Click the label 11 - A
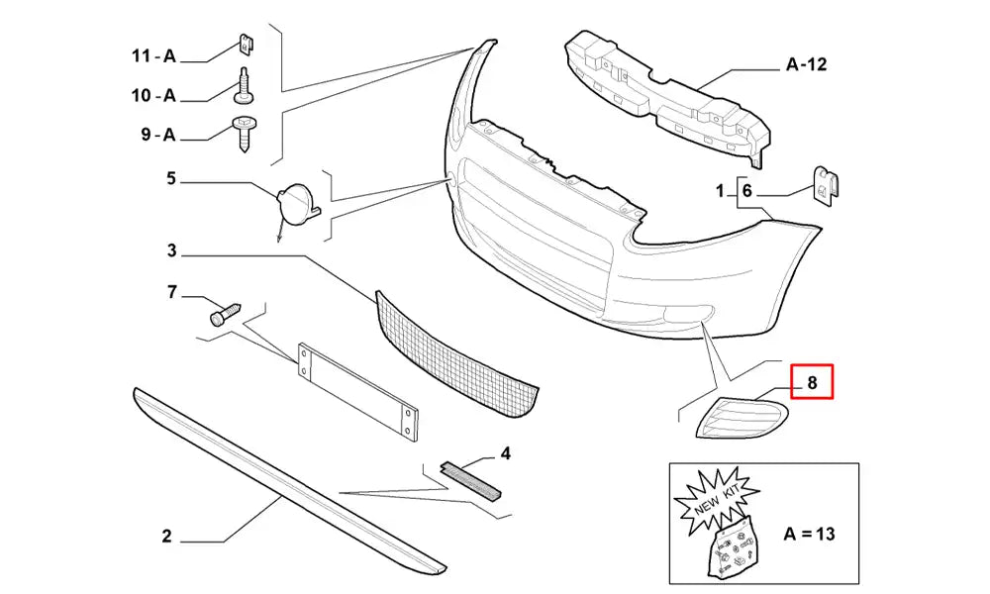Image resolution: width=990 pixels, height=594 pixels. click(153, 56)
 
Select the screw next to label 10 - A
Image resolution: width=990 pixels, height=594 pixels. click(244, 88)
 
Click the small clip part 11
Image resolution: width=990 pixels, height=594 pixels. click(245, 46)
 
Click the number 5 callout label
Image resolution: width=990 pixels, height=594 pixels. click(170, 179)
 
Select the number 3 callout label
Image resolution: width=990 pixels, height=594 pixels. click(170, 252)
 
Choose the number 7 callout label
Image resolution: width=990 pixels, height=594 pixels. click(170, 292)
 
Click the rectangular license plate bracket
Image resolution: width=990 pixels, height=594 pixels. click(356, 391)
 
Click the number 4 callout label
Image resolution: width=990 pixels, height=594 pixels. click(505, 454)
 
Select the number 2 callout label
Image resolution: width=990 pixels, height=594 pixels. click(166, 537)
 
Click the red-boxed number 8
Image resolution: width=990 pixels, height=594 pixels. click(812, 381)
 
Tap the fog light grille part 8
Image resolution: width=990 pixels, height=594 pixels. click(742, 416)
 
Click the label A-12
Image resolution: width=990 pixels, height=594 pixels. click(806, 65)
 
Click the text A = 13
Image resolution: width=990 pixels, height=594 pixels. click(809, 534)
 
